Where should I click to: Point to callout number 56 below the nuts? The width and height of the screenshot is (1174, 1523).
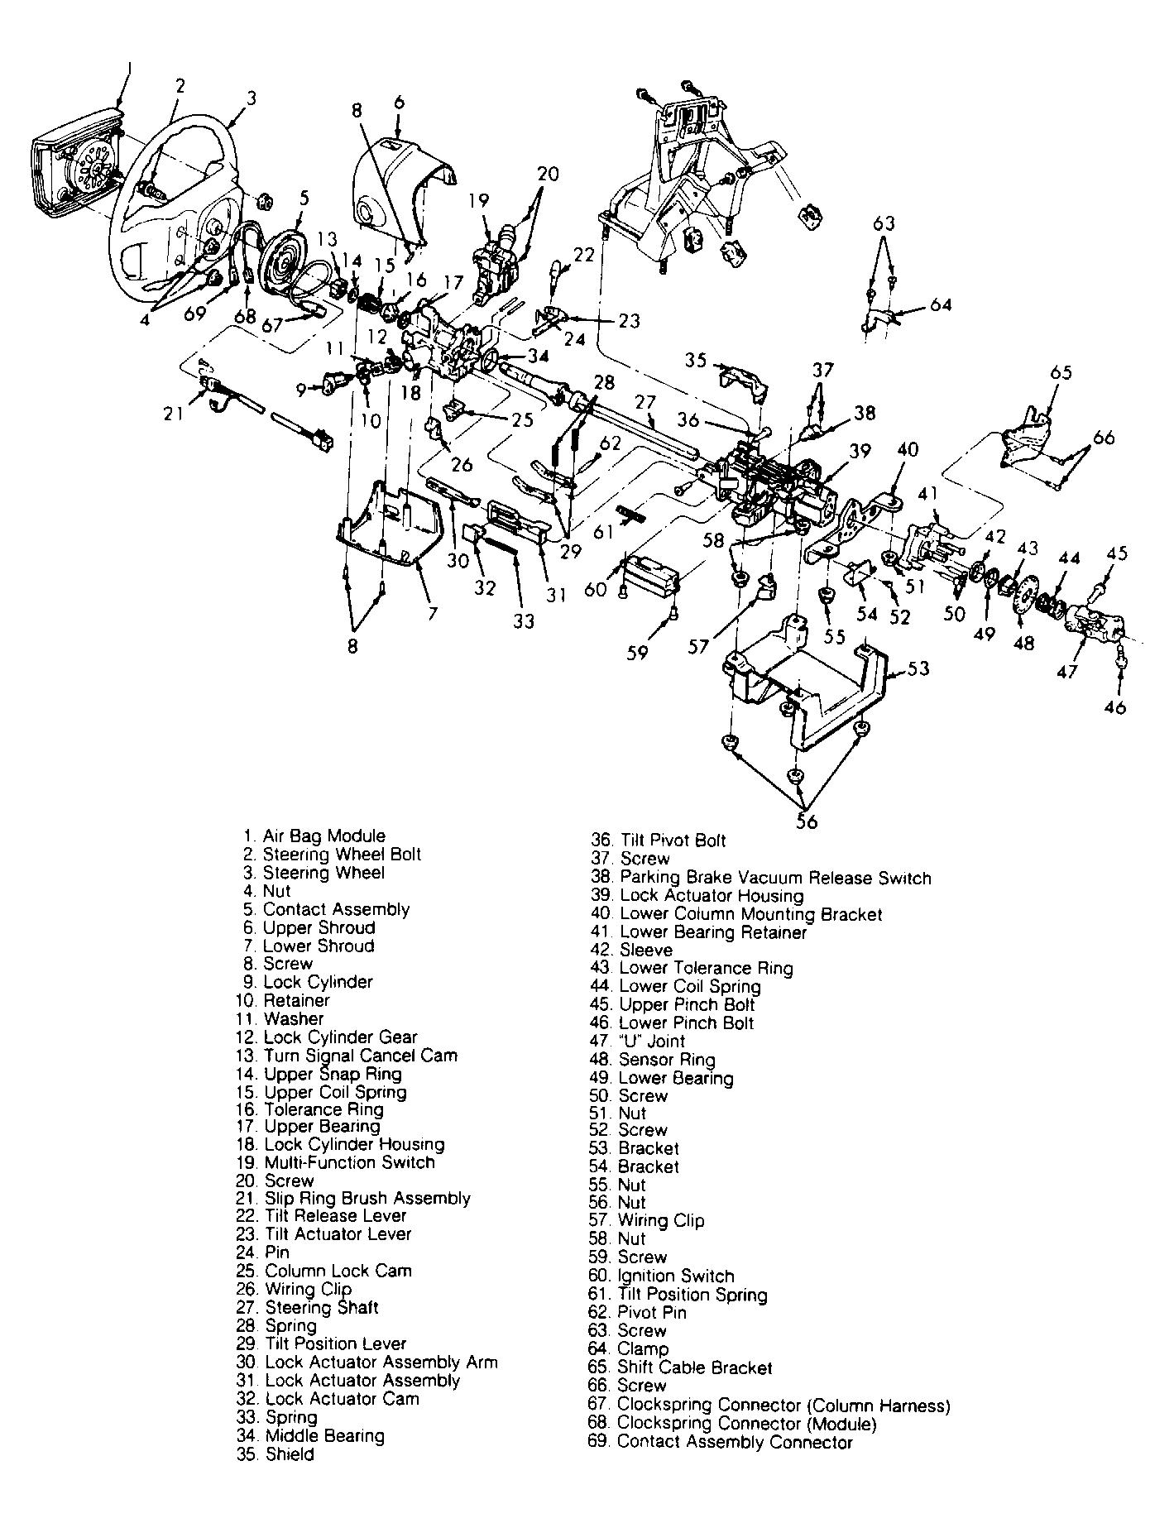click(807, 821)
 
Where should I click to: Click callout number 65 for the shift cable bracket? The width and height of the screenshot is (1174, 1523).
click(1061, 372)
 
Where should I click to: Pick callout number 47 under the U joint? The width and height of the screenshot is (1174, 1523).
click(1068, 671)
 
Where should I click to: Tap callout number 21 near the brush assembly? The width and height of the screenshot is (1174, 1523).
click(173, 413)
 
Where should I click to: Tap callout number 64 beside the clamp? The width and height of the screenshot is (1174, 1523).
click(940, 305)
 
